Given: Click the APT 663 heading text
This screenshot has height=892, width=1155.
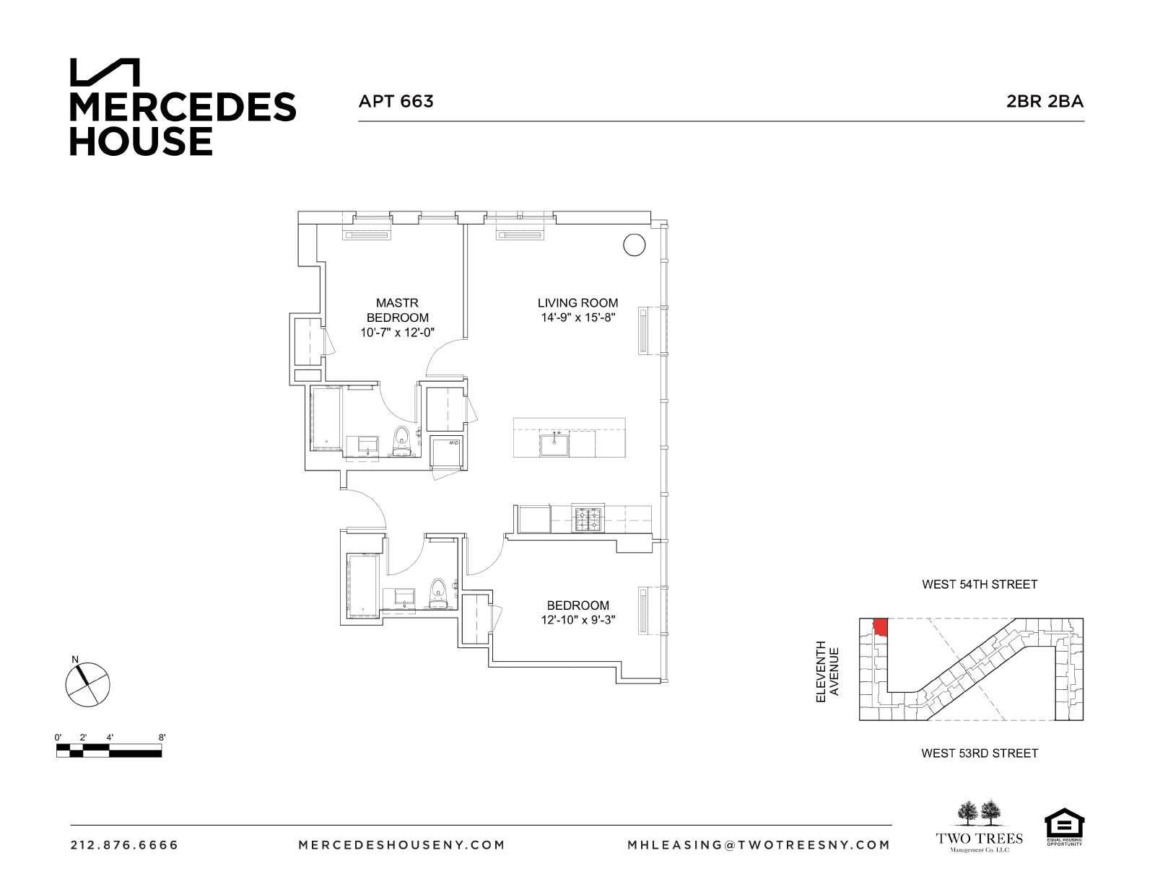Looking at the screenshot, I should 396,101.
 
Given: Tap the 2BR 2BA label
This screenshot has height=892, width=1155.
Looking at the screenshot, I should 1045,101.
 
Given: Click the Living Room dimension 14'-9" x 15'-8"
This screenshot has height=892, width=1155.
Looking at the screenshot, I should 577,318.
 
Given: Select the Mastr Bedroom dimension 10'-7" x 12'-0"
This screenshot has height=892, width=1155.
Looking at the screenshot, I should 397,333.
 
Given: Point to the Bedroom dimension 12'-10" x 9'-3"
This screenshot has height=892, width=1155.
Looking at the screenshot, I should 577,620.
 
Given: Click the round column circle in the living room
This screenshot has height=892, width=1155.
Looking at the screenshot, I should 633,245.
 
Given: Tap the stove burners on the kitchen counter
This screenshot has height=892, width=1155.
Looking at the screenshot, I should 586,518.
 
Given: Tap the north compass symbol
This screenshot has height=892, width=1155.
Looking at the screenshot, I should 88,683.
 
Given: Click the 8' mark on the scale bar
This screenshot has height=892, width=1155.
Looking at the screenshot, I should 162,738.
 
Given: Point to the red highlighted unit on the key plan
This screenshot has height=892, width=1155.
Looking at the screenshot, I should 879,626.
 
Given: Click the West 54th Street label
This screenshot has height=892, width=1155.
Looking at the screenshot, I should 979,585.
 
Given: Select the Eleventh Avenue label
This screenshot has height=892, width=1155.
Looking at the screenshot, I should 827,672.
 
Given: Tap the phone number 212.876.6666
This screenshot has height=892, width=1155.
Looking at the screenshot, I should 124,845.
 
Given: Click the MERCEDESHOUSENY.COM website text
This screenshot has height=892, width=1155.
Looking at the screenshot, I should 401,845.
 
